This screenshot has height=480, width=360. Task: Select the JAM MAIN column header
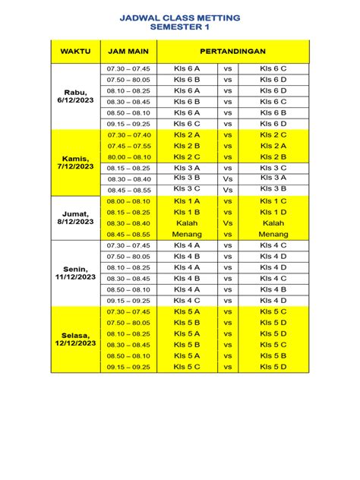(x=128, y=51)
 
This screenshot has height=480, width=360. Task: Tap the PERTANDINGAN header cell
(x=233, y=51)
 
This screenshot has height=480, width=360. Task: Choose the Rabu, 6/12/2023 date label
(x=74, y=96)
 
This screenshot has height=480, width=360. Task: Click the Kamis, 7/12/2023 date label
(x=74, y=162)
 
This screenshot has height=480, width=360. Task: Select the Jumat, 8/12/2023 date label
(x=74, y=218)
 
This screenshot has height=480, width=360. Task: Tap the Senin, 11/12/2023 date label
(x=74, y=273)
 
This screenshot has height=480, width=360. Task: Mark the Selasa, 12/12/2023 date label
(x=74, y=339)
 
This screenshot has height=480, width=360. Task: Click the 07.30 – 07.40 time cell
(x=128, y=134)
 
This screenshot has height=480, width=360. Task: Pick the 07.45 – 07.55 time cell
(x=128, y=145)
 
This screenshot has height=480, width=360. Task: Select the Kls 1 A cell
(x=186, y=201)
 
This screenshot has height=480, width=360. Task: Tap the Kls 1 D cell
(x=273, y=213)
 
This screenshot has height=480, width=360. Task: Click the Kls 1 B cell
(x=186, y=213)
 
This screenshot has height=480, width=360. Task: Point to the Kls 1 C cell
(x=273, y=201)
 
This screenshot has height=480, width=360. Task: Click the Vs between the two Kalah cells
(x=227, y=224)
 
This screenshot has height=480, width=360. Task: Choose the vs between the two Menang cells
(x=227, y=235)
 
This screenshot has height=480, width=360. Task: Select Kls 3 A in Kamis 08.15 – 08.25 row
(x=186, y=167)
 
